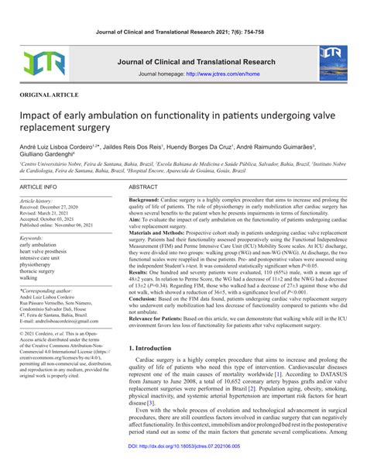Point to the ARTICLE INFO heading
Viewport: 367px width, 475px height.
click(x=39, y=188)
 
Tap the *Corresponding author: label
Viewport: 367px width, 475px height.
click(x=50, y=289)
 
